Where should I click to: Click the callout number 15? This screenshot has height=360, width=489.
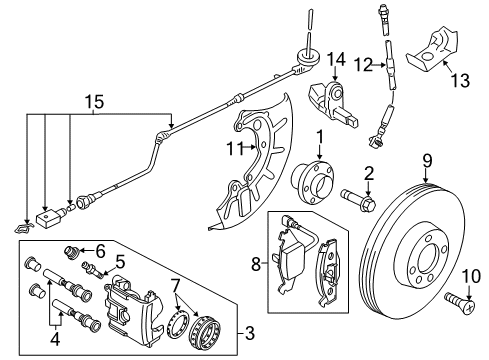click(x=94, y=101)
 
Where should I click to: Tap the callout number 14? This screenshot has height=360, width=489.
click(x=336, y=59)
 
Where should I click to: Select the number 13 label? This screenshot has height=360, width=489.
click(x=460, y=80)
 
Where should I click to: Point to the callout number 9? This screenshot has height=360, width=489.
click(x=428, y=161)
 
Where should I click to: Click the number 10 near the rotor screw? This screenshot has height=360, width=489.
click(x=471, y=276)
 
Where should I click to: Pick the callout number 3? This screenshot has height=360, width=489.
click(x=250, y=333)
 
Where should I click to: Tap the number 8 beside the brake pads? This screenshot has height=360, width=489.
click(x=256, y=264)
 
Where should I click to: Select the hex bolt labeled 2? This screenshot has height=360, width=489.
click(x=358, y=199)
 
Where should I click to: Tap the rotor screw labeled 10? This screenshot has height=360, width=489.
click(x=460, y=302)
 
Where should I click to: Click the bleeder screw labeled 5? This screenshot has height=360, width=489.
click(x=93, y=269)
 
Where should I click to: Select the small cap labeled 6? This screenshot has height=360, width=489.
click(x=71, y=252)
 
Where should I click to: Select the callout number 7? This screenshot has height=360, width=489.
click(x=176, y=286)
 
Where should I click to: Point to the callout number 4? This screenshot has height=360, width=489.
click(x=55, y=339)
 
